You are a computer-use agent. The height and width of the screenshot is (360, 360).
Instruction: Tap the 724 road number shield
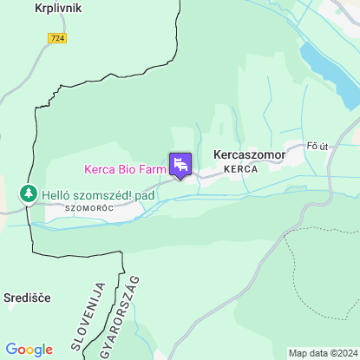(x=57, y=38)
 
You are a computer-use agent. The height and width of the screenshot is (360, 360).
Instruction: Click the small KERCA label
(x=240, y=169)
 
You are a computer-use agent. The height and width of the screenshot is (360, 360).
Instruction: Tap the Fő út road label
(x=319, y=147)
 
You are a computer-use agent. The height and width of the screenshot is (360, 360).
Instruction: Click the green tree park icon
(x=29, y=193)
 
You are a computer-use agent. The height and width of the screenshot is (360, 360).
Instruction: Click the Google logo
(x=29, y=349)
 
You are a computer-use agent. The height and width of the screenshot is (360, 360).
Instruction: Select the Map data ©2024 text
(x=322, y=353)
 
